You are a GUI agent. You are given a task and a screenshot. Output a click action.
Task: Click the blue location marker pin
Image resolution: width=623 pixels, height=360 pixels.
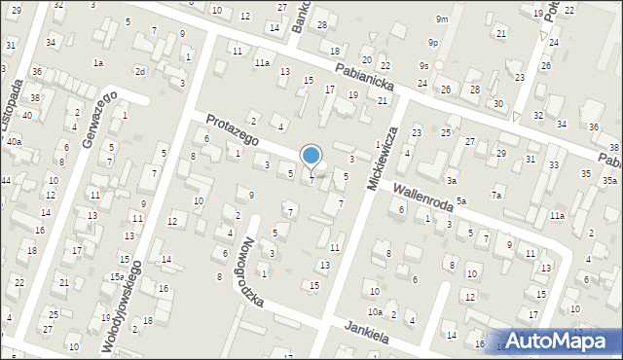311,156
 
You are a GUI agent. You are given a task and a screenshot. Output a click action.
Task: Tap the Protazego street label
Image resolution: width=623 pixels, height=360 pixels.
231,128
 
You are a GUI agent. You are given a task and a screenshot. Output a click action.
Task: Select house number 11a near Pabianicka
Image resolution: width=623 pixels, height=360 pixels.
262,62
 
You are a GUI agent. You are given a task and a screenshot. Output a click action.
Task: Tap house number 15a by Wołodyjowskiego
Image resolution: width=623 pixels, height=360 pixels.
116,277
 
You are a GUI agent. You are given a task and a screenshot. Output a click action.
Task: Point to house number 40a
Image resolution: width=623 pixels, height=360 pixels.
14,142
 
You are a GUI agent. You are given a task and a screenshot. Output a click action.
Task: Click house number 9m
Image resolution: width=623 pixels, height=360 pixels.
442,19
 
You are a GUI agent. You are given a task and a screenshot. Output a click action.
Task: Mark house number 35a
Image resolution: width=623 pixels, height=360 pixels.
609,181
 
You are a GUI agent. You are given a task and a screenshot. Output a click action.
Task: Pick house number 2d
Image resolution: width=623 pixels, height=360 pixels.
140,71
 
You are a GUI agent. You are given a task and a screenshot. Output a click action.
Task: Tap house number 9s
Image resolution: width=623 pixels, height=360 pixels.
424,65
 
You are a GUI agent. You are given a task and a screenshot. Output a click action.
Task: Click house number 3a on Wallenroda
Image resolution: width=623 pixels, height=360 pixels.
452,181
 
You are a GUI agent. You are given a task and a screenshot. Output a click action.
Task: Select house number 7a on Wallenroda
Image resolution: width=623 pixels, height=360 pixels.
496,196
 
